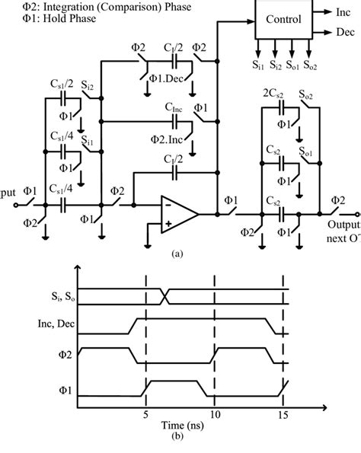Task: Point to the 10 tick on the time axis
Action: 216,416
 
